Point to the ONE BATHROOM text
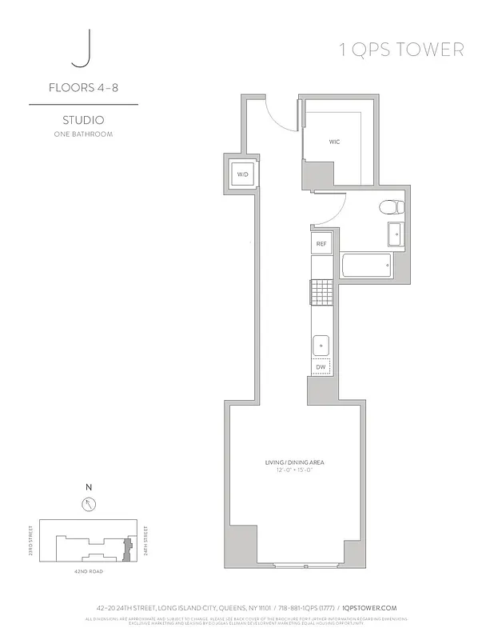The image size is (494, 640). point(82,134)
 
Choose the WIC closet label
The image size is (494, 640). point(334,142)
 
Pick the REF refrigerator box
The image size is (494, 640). point(321,243)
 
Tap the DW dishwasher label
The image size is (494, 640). point(321,368)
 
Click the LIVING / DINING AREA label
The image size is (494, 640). point(294,463)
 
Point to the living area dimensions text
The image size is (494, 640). point(294,471)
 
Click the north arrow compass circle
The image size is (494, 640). point(88,504)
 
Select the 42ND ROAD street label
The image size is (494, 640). point(88,572)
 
